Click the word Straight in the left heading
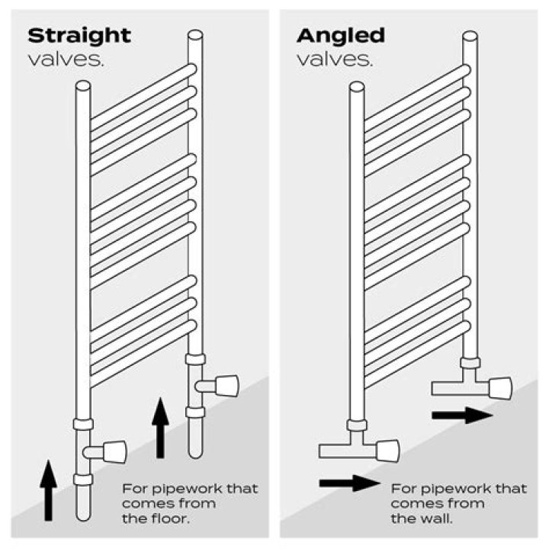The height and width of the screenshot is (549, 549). pos(79,35)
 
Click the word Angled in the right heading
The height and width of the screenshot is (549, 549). pos(340,35)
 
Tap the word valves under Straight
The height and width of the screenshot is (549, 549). pos(66,59)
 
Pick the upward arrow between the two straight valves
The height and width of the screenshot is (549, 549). pos(160,427)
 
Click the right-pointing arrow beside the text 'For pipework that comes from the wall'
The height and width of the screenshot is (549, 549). pos(349,483)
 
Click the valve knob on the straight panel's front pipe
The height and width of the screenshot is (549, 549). pos(114,451)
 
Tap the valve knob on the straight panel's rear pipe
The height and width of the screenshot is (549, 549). pos(226,386)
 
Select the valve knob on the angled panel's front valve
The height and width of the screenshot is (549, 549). pos(387,451)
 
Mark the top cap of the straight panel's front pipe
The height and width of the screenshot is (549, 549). pos(83,86)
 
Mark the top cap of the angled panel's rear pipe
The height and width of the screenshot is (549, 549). pos(470,35)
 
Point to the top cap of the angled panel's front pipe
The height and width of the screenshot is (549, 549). pos(356,86)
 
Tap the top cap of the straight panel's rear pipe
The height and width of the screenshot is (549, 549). pos(195,35)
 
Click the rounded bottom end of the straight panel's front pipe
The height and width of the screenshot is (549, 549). pos(83,515)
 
